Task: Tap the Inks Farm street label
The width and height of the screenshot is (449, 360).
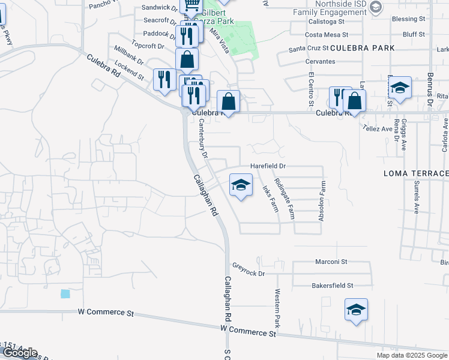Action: pyautogui.click(x=270, y=198)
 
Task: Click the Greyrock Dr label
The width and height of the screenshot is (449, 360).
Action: pyautogui.click(x=249, y=269)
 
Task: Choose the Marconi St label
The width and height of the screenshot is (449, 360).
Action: pyautogui.click(x=331, y=262)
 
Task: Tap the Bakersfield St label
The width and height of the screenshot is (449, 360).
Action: pyautogui.click(x=333, y=286)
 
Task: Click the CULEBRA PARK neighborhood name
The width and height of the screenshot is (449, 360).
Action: pyautogui.click(x=363, y=47)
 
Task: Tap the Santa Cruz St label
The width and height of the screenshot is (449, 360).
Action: pyautogui.click(x=309, y=48)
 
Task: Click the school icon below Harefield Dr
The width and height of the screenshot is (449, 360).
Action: pyautogui.click(x=241, y=185)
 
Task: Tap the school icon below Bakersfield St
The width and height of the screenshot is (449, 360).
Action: pyautogui.click(x=356, y=310)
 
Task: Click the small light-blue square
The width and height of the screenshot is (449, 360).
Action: pyautogui.click(x=65, y=294)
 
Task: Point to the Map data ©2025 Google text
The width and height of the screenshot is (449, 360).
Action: pyautogui.click(x=412, y=355)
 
